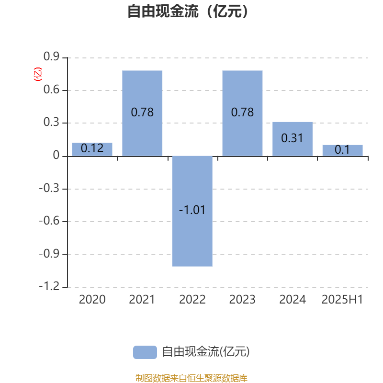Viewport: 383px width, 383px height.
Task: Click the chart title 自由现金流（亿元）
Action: (x=188, y=11)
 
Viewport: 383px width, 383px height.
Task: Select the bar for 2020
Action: (x=92, y=149)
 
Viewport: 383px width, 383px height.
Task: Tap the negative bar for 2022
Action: (x=192, y=211)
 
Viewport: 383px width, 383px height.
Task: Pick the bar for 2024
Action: (x=293, y=139)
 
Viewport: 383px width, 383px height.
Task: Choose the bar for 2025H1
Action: (x=342, y=150)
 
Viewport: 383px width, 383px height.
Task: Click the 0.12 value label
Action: (x=92, y=148)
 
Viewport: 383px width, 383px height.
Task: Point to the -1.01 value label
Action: (x=192, y=210)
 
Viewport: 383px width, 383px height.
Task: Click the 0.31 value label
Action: (x=292, y=138)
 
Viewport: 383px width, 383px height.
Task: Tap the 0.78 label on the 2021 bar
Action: (x=142, y=113)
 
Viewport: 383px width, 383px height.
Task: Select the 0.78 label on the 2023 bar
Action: (x=242, y=113)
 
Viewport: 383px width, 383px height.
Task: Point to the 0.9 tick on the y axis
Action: (x=51, y=56)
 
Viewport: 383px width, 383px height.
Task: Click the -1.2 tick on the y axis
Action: (x=49, y=286)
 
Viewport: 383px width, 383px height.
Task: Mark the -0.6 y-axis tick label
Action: (x=49, y=221)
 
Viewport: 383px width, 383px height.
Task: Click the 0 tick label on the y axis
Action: (x=56, y=155)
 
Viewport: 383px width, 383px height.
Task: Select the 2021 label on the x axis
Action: (x=142, y=300)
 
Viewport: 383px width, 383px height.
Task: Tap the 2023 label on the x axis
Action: (x=242, y=300)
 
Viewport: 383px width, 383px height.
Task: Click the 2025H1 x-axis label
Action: (x=342, y=300)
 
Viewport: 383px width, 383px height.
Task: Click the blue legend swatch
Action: (x=145, y=352)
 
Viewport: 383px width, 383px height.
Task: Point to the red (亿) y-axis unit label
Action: (x=38, y=74)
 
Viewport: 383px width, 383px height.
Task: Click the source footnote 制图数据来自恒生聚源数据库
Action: (x=191, y=378)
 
